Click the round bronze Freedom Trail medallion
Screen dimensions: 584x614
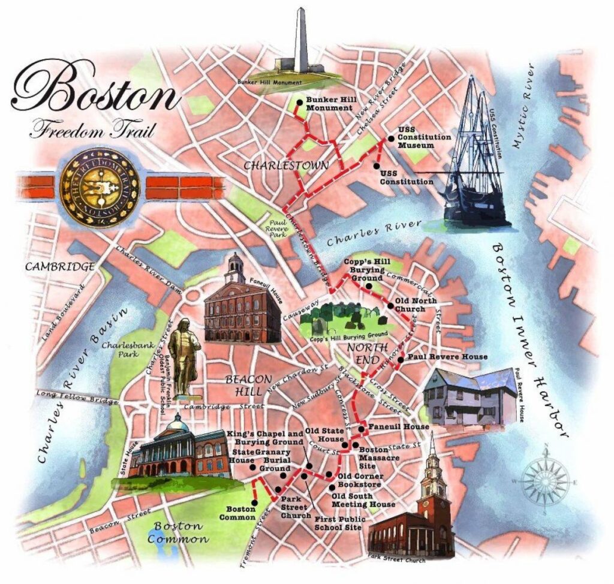100,187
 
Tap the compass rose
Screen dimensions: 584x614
544,479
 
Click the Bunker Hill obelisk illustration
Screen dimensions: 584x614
301,45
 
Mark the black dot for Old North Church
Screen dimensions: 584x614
390,306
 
